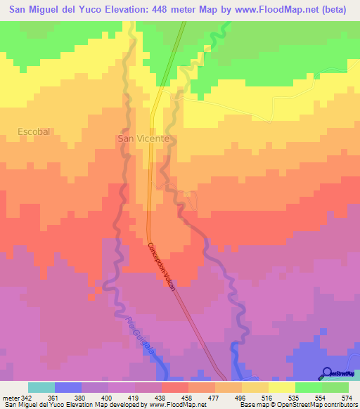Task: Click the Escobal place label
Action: click(x=34, y=131)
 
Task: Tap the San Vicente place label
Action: click(x=143, y=139)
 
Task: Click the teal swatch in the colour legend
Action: click(x=41, y=387)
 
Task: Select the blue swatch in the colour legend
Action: click(x=68, y=387)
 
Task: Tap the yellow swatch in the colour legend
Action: click(x=282, y=387)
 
